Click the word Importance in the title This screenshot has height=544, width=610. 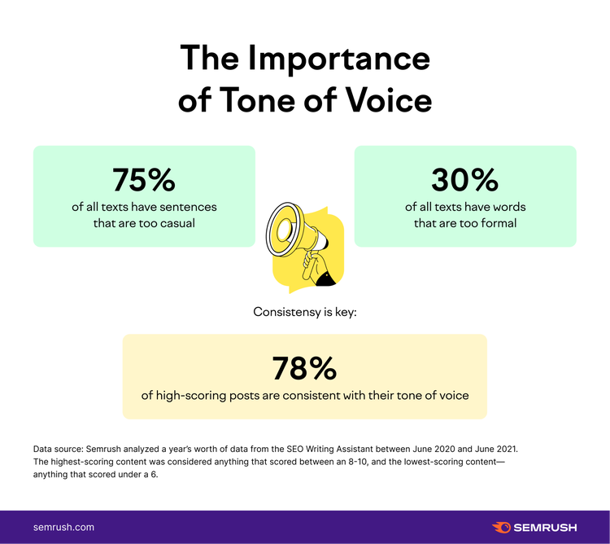pyautogui.click(x=338, y=59)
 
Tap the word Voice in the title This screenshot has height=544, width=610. pyautogui.click(x=389, y=99)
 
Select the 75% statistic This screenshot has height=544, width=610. pyautogui.click(x=144, y=179)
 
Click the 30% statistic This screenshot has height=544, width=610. pyautogui.click(x=465, y=179)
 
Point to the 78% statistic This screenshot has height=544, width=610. pyautogui.click(x=305, y=368)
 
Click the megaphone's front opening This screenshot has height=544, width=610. pyautogui.click(x=285, y=230)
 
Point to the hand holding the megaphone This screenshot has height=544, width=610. pyautogui.click(x=314, y=264)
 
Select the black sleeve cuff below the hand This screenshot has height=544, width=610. pyautogui.click(x=325, y=279)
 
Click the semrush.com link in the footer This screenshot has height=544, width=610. pyautogui.click(x=63, y=527)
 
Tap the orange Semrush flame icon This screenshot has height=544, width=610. pyautogui.click(x=502, y=527)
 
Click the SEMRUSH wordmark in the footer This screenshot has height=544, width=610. pyautogui.click(x=545, y=528)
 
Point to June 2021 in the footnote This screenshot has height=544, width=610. pyautogui.click(x=496, y=449)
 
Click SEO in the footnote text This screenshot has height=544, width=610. pyautogui.click(x=294, y=449)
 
